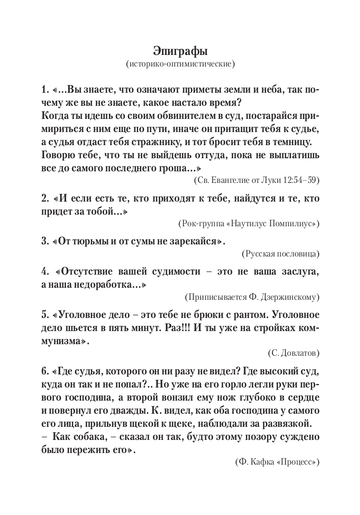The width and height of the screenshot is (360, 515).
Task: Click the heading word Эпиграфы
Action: tap(180, 51)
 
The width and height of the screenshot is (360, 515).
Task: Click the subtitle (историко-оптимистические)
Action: tap(180, 65)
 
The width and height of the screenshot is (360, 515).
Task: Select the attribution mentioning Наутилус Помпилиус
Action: tap(249, 223)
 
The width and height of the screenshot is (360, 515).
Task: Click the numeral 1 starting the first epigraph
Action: tap(44, 90)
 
